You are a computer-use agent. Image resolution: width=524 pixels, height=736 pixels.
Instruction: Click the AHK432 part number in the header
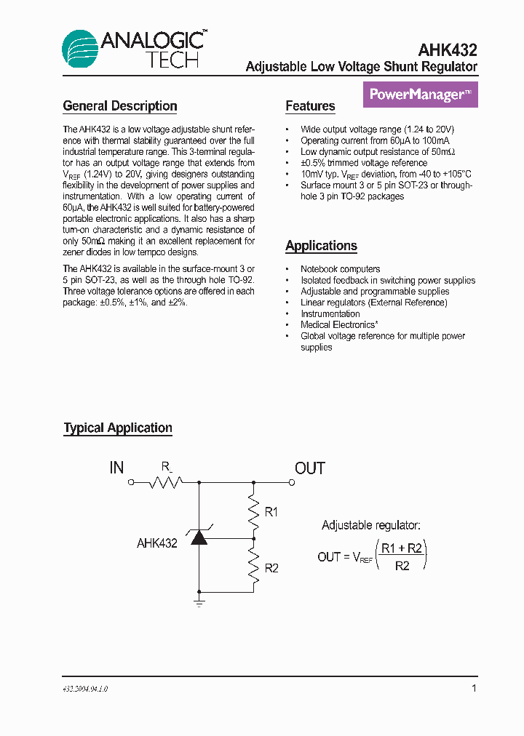448,50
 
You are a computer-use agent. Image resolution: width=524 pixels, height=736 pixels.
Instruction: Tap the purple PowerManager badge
420,95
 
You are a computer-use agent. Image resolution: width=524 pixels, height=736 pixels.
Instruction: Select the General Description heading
120,106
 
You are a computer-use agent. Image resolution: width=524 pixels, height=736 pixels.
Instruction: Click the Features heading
310,106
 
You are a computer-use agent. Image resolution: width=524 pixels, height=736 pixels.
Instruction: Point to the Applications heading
321,246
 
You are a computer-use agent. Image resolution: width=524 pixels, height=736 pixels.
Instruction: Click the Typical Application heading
118,428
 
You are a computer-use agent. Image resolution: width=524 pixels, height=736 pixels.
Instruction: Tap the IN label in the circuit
116,468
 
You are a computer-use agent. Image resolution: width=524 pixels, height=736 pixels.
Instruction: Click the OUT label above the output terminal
309,468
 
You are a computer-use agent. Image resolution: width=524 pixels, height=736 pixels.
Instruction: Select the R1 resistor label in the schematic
271,513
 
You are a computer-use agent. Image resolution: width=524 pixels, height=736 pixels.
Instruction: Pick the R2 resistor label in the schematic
271,568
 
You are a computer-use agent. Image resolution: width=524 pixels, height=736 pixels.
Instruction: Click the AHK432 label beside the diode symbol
157,543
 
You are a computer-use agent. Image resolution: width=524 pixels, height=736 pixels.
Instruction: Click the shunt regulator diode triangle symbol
199,538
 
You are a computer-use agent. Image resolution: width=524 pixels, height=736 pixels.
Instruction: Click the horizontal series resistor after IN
165,481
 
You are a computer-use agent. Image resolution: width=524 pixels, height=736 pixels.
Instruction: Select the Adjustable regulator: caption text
370,525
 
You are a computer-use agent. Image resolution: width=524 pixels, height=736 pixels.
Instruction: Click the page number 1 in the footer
474,688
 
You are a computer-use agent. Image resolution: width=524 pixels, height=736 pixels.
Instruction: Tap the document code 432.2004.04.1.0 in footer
86,689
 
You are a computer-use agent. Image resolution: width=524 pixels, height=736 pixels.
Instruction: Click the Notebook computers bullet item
340,269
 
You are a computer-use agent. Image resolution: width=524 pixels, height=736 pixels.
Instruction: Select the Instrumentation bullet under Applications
330,313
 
